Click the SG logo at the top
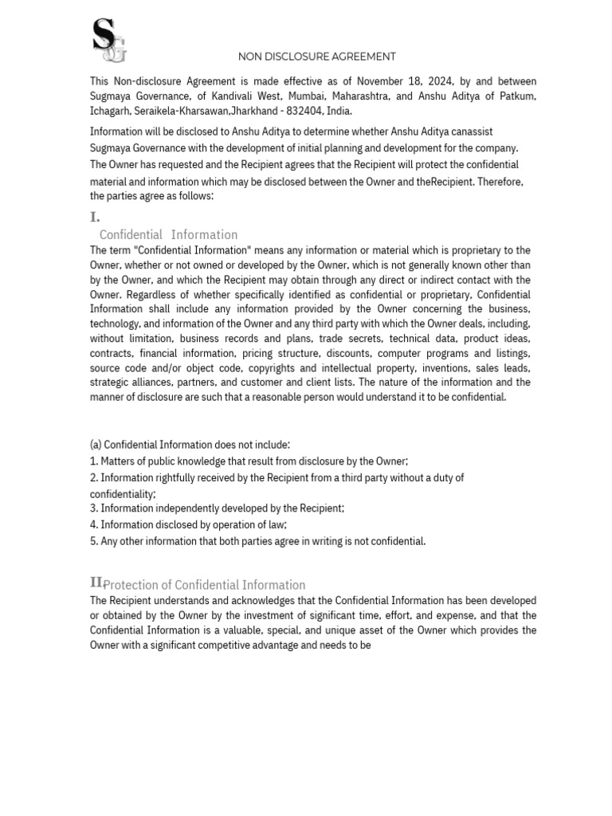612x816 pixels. pos(109,41)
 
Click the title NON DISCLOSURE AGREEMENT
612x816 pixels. pos(317,57)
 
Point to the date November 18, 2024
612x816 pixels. pos(405,81)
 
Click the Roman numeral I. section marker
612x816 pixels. pos(95,217)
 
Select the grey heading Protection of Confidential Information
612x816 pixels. pos(205,584)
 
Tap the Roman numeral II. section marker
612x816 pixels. pos(97,583)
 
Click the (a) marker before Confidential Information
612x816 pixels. pos(96,445)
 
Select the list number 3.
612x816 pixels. pos(93,508)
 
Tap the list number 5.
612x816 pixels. pos(93,542)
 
